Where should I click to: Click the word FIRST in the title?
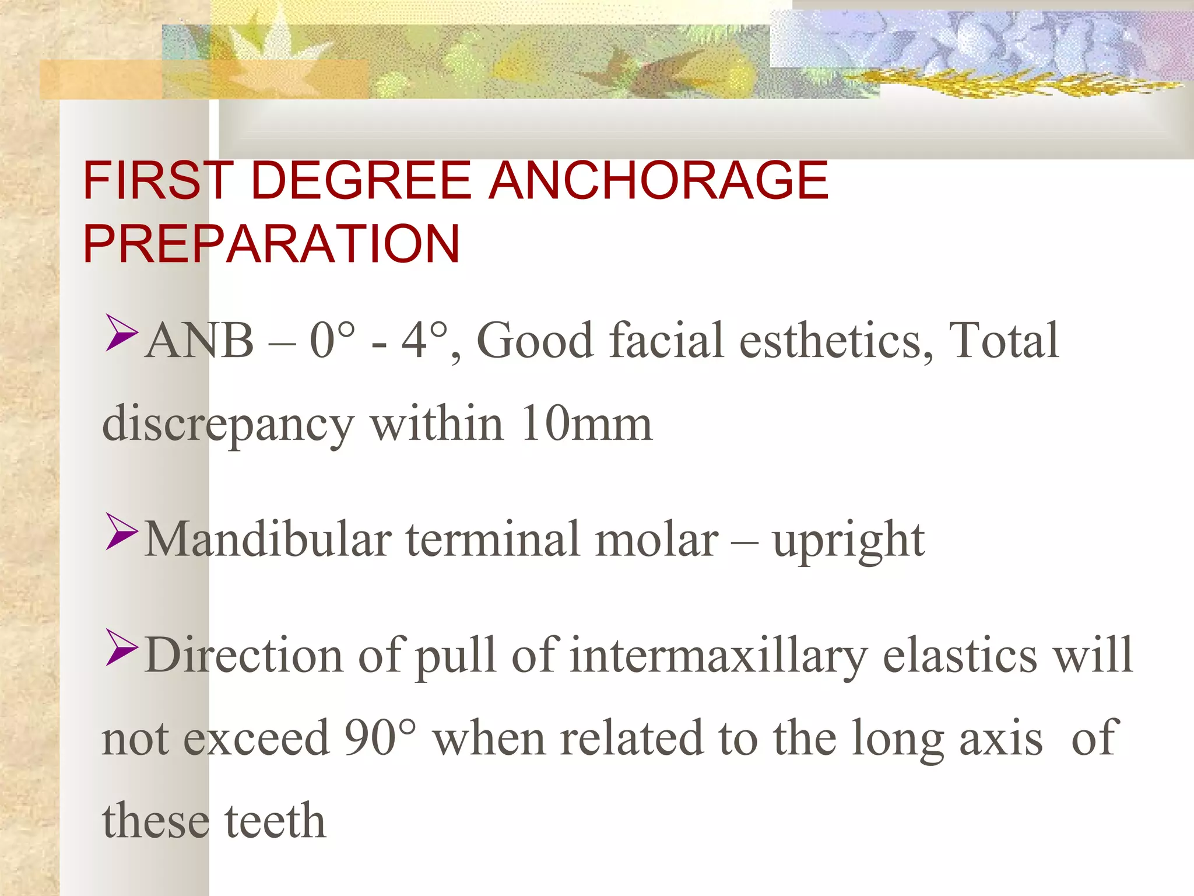click(x=158, y=181)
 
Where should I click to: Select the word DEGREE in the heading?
click(x=361, y=181)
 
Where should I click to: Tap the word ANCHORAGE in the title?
click(x=658, y=181)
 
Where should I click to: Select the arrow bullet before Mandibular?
click(x=122, y=531)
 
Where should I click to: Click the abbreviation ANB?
click(x=199, y=341)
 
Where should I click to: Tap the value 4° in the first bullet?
click(x=424, y=341)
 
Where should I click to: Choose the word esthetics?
click(x=835, y=341)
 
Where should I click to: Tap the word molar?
click(x=656, y=540)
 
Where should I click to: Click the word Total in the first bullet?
click(x=1003, y=341)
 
